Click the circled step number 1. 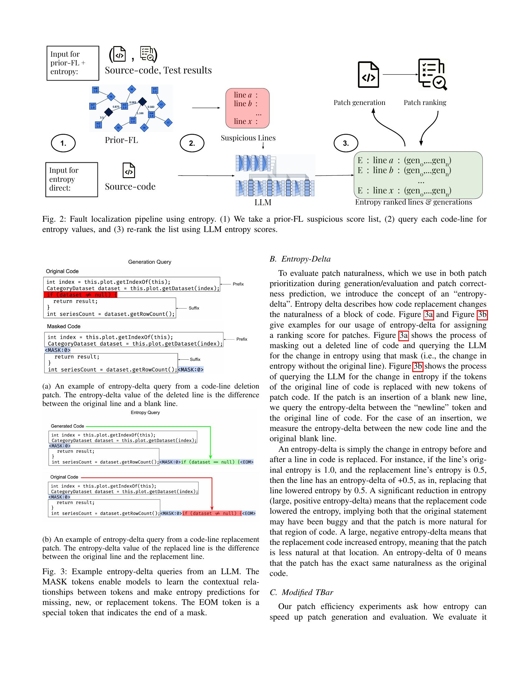point(63,143)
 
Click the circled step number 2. point(192,143)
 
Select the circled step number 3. point(346,143)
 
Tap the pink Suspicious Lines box point(247,108)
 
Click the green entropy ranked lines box point(418,175)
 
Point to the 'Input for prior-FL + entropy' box point(73,63)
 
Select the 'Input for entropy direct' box point(72,179)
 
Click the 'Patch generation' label point(359,102)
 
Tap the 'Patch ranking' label point(425,102)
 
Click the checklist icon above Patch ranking point(432,74)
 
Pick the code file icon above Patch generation point(368,75)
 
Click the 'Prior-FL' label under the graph point(121,140)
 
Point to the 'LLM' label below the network point(263,203)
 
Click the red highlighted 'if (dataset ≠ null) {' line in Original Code point(80,295)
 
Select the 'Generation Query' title point(149,262)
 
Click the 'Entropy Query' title point(145,413)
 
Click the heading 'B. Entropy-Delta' point(300,259)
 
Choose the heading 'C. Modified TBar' point(301,592)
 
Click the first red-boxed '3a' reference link point(428,314)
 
